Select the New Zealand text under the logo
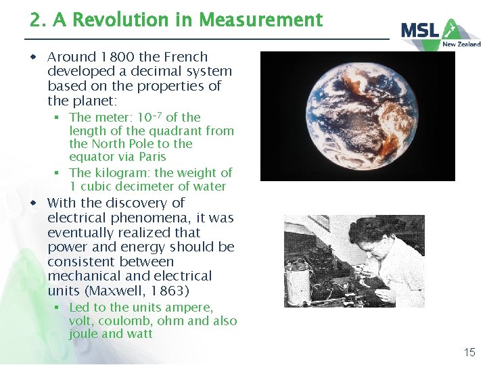461,44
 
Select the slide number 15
469,351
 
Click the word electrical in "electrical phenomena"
76,218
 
